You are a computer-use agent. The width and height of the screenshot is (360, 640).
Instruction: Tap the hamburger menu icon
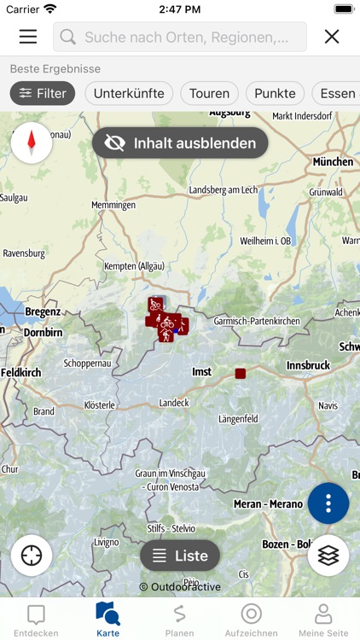point(28,37)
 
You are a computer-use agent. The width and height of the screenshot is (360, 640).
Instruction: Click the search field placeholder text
point(194,38)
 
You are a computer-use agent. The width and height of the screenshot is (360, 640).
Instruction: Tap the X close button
point(332,37)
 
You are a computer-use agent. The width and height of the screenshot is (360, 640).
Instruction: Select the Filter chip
point(43,94)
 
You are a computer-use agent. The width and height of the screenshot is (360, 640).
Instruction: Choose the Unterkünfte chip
point(129,94)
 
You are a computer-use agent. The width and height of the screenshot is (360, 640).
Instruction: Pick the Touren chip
point(209,94)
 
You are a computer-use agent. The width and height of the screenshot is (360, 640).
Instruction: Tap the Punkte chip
point(275,94)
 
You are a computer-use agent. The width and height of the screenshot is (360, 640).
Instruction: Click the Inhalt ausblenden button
point(180,143)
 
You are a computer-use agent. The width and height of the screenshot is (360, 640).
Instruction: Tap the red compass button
point(32,143)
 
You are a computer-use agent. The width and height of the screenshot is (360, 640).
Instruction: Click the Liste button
point(180,556)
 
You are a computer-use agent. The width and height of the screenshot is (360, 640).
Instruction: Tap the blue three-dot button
point(328,503)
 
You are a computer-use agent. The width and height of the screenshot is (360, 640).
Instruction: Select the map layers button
point(328,556)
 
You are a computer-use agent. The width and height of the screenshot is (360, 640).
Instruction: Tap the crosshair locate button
point(32,556)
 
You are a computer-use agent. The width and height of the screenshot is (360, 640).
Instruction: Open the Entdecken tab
point(36,620)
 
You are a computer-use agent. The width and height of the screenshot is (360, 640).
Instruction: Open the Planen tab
point(179,620)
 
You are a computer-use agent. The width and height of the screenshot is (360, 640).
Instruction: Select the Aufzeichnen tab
point(251,620)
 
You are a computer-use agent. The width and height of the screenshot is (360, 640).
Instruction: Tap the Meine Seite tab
point(323,620)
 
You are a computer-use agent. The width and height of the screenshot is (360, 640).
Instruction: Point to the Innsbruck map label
point(307,365)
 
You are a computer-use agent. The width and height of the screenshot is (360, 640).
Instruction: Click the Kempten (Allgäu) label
point(128,267)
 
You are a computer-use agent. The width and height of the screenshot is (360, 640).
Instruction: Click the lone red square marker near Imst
point(241,373)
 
